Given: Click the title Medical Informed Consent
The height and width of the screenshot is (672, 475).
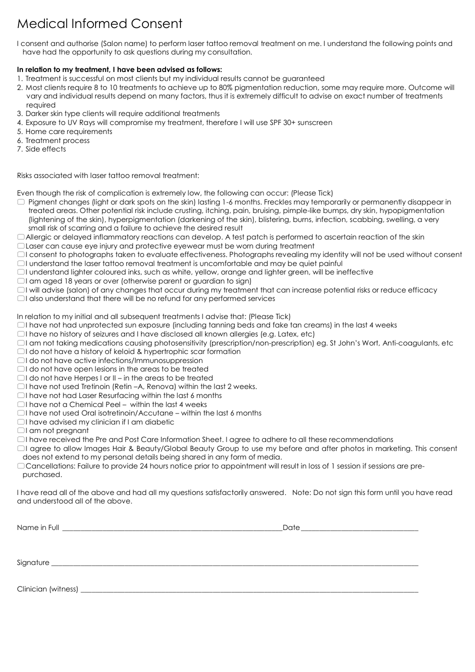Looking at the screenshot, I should coord(99,24).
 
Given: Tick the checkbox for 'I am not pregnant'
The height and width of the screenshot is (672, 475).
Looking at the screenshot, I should coord(20,431).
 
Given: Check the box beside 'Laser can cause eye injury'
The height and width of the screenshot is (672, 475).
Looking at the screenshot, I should coord(20,246).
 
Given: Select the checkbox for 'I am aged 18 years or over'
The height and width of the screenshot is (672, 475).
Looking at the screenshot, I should coord(20,281).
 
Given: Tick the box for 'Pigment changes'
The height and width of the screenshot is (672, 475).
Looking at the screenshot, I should coord(20,202).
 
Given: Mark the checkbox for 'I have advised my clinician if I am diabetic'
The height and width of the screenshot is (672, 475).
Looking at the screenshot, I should coord(20,422).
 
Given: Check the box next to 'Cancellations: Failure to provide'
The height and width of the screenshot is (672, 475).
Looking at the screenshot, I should coord(20,466).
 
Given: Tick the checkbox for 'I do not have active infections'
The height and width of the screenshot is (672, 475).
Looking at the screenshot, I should coord(20,360).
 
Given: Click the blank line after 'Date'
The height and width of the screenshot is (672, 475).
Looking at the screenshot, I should coord(359,528).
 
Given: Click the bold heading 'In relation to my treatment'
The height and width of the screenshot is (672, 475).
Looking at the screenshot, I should coord(119,70).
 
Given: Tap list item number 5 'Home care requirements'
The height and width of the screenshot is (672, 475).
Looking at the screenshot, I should coord(68,131).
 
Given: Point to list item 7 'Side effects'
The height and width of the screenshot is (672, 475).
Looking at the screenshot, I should coord(45,149).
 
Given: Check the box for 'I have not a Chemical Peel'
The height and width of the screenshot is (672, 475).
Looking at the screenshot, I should coord(20,404).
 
